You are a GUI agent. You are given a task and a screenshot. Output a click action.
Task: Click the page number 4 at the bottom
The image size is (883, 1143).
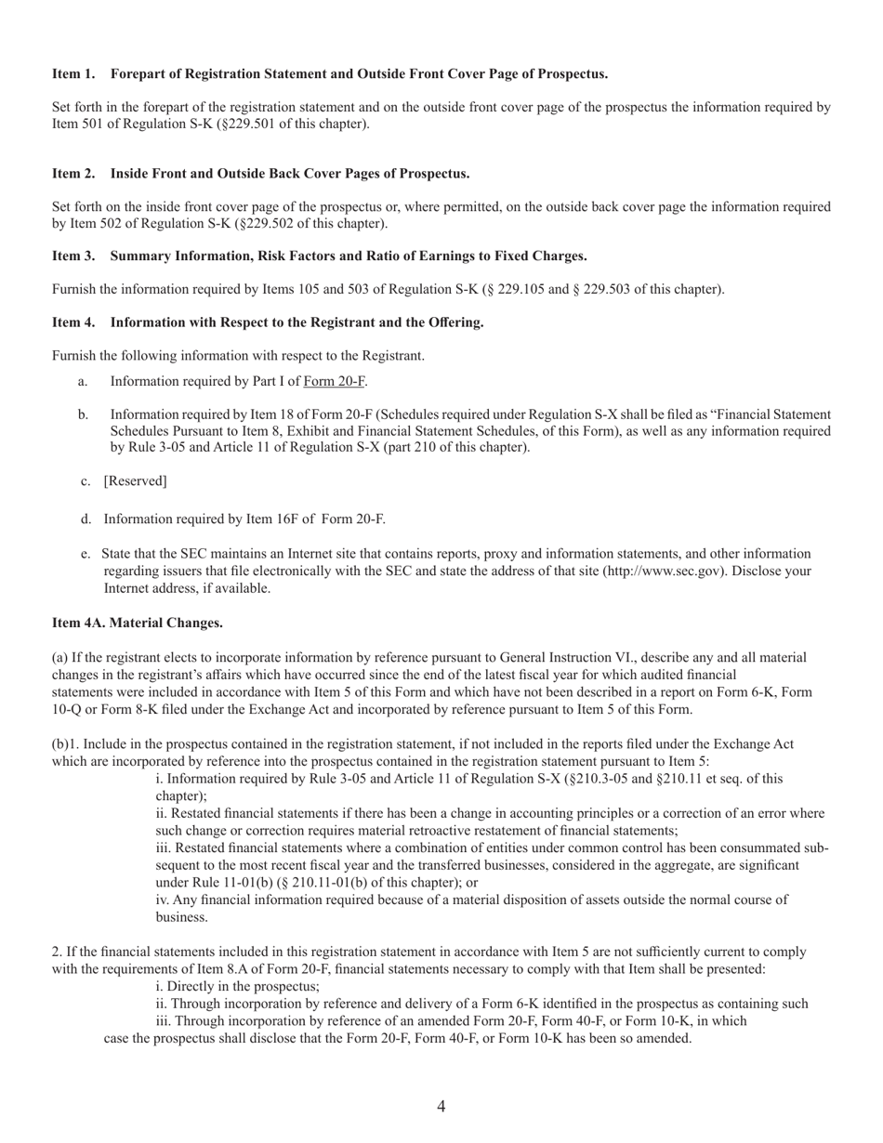[x=441, y=1106]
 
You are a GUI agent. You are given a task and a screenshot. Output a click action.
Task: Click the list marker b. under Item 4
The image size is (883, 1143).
[x=84, y=414]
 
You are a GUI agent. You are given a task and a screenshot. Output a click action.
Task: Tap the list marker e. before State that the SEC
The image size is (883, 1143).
[x=86, y=554]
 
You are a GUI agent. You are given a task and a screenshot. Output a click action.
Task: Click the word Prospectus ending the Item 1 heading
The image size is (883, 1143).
[x=574, y=73]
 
